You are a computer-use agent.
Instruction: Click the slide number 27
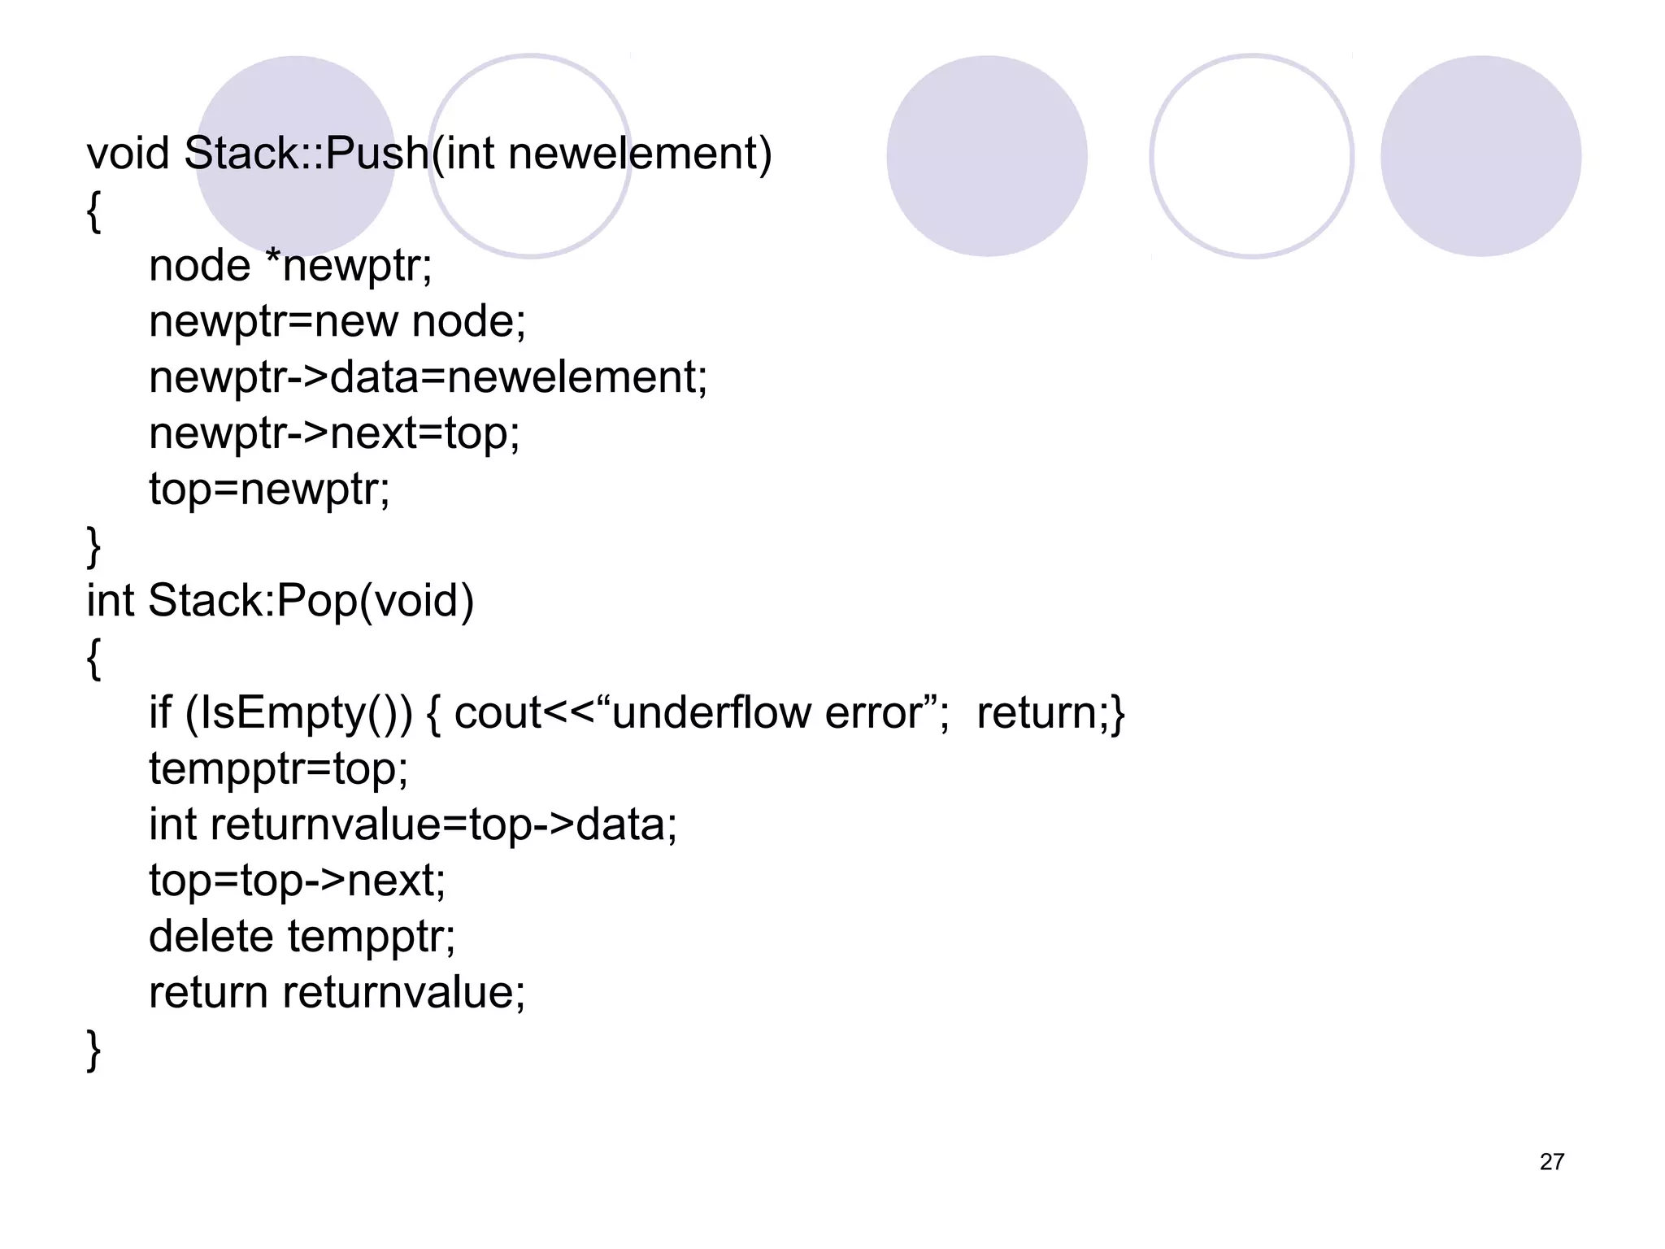click(x=1551, y=1162)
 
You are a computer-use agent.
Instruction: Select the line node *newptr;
click(x=290, y=266)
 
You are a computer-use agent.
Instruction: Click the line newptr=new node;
click(x=337, y=321)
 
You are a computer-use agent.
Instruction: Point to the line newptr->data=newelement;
click(x=428, y=377)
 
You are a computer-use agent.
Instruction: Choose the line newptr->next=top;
click(x=334, y=433)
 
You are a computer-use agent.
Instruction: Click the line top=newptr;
click(x=269, y=489)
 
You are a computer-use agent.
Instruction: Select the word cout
click(x=497, y=713)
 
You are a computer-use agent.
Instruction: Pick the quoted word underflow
click(x=711, y=713)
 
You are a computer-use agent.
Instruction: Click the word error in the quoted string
click(x=874, y=713)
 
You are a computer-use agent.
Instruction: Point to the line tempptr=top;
click(x=278, y=768)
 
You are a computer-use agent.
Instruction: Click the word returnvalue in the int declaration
click(x=325, y=825)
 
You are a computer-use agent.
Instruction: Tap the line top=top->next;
click(x=297, y=881)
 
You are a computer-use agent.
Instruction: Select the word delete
click(x=211, y=936)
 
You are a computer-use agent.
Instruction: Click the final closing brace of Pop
click(x=93, y=1049)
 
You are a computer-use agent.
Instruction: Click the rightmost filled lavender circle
click(x=1480, y=156)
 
